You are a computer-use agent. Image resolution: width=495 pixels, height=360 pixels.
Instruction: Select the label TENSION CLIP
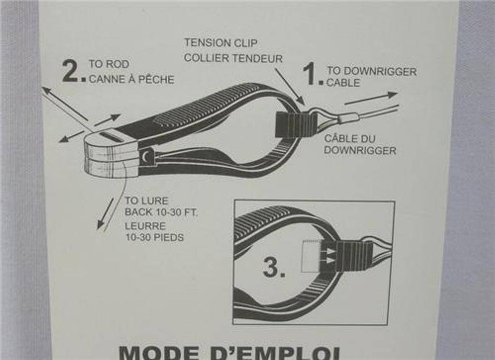pyautogui.click(x=220, y=43)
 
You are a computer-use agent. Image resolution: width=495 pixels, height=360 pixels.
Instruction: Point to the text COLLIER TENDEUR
pyautogui.click(x=233, y=58)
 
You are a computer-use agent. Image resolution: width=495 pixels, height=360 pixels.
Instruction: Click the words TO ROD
pyautogui.click(x=109, y=64)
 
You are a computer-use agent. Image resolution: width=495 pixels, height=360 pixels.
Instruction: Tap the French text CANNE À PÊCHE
pyautogui.click(x=131, y=79)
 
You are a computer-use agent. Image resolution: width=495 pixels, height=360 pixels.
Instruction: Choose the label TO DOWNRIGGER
pyautogui.click(x=372, y=72)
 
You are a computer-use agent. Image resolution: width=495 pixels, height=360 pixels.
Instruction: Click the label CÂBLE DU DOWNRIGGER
pyautogui.click(x=360, y=144)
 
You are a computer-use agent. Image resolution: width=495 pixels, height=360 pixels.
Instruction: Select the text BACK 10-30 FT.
pyautogui.click(x=161, y=212)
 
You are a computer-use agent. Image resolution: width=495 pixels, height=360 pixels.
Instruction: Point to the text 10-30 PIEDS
pyautogui.click(x=154, y=237)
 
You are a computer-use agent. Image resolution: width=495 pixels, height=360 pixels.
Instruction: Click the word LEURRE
pyautogui.click(x=145, y=226)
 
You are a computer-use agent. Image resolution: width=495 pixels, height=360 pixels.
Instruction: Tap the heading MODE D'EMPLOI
pyautogui.click(x=230, y=353)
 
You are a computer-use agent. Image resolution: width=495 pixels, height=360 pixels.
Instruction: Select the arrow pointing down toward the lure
pyautogui.click(x=105, y=213)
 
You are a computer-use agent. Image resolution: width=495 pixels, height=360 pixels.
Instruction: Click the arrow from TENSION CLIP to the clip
pyautogui.click(x=290, y=86)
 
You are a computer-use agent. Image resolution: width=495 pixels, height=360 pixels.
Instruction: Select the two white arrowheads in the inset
pyautogui.click(x=330, y=256)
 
